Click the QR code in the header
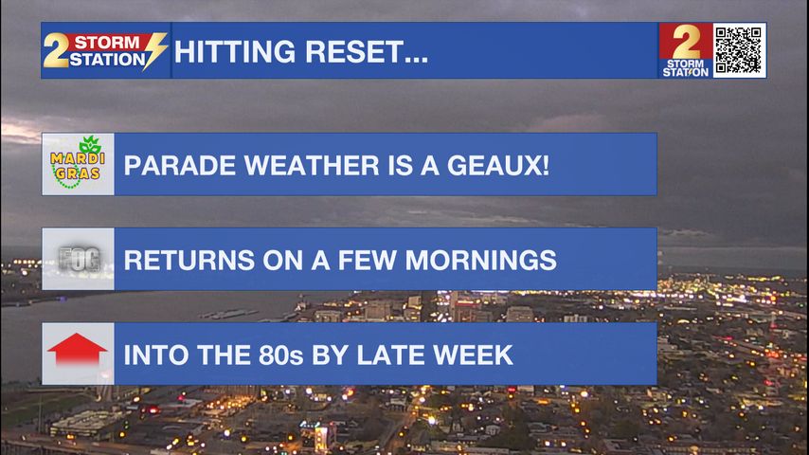click(x=739, y=50)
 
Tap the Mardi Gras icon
click(x=78, y=164)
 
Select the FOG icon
click(x=79, y=259)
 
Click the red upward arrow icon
click(x=78, y=350)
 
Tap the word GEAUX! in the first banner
click(x=498, y=165)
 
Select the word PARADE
click(x=180, y=165)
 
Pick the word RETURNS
click(x=189, y=260)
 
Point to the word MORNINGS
click(x=481, y=260)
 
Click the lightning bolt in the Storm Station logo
click(x=154, y=50)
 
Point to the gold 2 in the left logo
click(x=56, y=50)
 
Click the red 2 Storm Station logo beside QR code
click(x=686, y=50)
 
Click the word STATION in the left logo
click(x=107, y=60)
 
